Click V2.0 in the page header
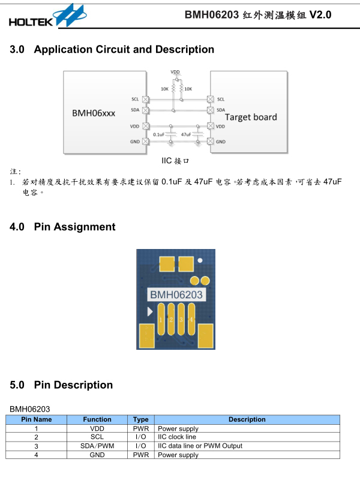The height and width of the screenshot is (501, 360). point(320,15)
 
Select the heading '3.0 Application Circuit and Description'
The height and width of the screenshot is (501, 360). point(112,50)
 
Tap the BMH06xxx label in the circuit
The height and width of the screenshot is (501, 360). point(94,113)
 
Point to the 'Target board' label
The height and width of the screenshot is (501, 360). point(251,117)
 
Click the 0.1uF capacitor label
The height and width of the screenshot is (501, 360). point(159,135)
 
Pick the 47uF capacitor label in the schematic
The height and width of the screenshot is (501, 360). point(186,135)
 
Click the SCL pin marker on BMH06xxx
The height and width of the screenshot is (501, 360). point(145,99)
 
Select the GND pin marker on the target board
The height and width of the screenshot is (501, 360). point(211,142)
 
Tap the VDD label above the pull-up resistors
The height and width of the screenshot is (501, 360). point(175,72)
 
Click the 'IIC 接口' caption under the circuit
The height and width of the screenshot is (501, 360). point(176,161)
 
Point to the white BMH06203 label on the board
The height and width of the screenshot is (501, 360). point(176,295)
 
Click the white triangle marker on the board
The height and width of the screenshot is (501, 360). point(149,311)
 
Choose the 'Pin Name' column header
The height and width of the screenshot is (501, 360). point(37,419)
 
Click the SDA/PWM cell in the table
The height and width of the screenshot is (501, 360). point(97,446)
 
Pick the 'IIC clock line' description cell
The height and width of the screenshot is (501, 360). point(177,437)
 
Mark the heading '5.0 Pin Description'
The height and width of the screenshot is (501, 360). point(61,385)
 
